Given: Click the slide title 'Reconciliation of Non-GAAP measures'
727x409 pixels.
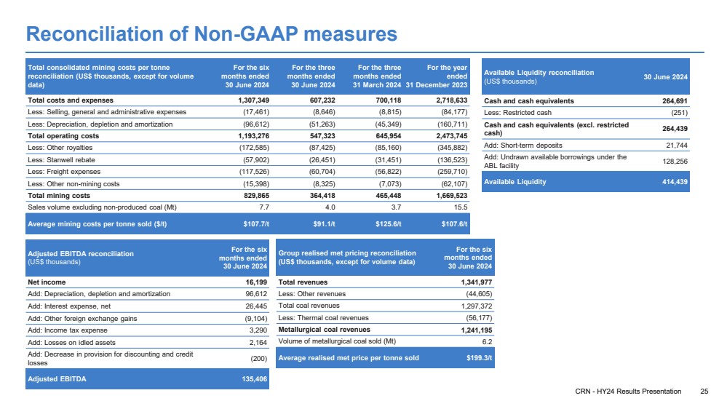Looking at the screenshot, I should click(211, 34).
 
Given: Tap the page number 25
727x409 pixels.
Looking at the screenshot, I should click(704, 392).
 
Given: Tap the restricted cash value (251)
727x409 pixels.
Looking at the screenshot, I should click(678, 112).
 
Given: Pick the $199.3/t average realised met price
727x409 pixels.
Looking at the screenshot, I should click(479, 357).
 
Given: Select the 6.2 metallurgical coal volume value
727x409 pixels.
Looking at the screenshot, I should click(487, 341).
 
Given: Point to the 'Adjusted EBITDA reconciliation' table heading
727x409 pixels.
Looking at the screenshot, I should click(81, 253).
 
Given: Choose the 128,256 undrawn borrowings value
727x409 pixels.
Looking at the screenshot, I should click(672, 161).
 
